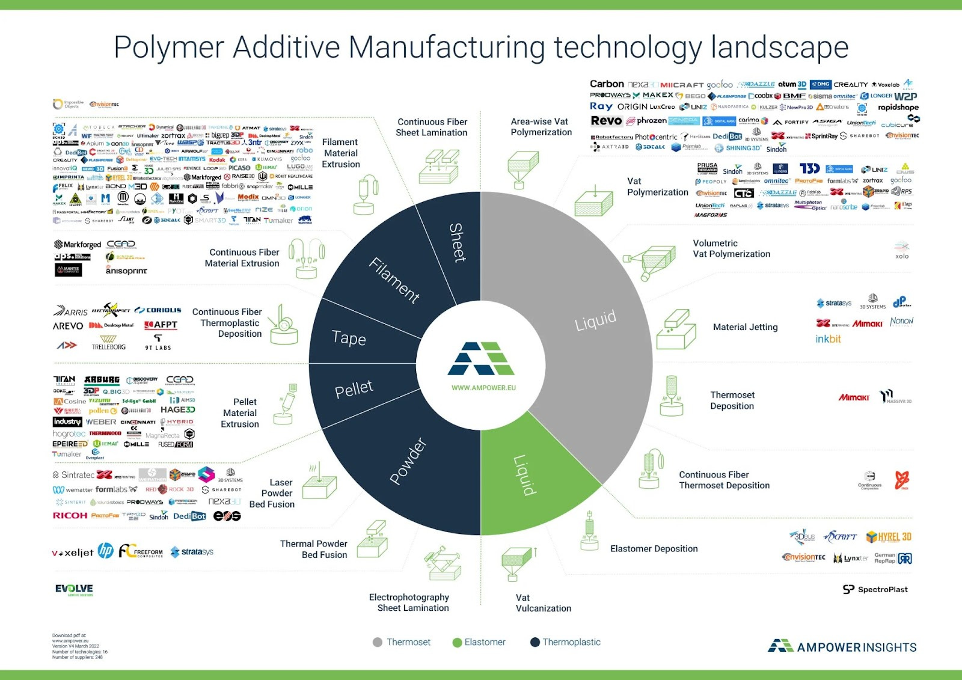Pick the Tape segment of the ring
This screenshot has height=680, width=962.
(x=349, y=338)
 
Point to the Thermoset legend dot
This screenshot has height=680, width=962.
(x=378, y=642)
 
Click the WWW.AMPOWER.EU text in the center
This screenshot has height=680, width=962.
(x=483, y=388)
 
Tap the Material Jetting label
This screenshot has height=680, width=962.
(x=745, y=327)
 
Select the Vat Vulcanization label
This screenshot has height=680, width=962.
(x=543, y=602)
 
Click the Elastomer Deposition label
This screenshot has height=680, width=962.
(x=654, y=548)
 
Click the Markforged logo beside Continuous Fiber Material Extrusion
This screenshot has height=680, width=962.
(x=78, y=245)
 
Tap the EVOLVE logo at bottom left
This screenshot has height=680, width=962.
(x=74, y=589)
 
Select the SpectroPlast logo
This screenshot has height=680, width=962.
(x=875, y=589)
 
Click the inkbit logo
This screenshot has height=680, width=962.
(x=828, y=339)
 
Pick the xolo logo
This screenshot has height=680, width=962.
(x=901, y=250)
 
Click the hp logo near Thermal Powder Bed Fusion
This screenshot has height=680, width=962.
(x=105, y=551)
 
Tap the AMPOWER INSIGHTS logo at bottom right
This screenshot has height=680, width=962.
(x=842, y=647)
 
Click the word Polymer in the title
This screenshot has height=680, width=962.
(x=168, y=47)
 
